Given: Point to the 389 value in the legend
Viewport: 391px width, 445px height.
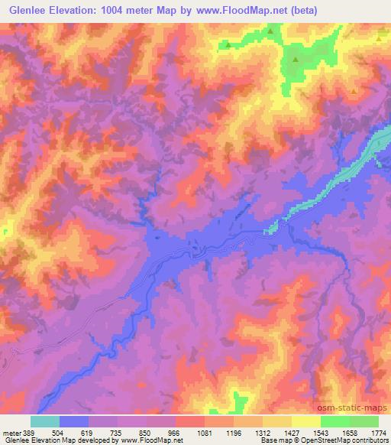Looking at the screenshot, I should (x=31, y=432).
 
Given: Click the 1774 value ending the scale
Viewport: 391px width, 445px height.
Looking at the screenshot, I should (x=377, y=432).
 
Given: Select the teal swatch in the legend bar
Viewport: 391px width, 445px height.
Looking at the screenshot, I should (x=45, y=421).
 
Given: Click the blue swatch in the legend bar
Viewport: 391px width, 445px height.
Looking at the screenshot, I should (x=74, y=421).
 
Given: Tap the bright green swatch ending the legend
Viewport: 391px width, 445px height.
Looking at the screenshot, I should (x=364, y=421).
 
